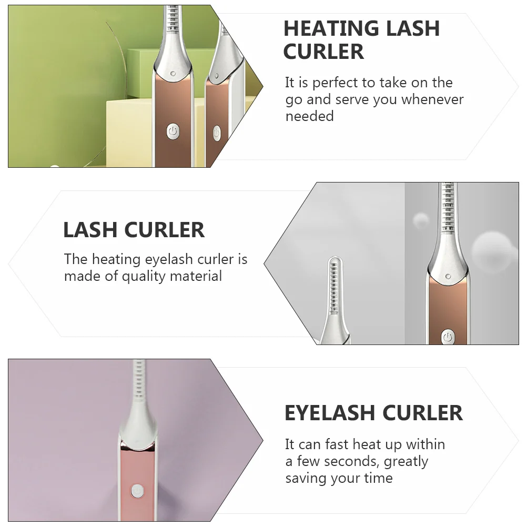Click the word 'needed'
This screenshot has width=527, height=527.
(309, 116)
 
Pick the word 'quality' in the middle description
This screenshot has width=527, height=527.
(146, 276)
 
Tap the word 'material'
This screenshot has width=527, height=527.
(197, 276)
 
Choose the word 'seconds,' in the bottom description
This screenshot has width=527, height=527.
(352, 461)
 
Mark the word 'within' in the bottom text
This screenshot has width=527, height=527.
(425, 444)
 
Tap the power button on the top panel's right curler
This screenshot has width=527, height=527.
(217, 133)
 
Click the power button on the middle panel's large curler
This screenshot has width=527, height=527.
(448, 337)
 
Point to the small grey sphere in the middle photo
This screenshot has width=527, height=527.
(421, 220)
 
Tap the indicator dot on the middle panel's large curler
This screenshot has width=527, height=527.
(448, 276)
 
